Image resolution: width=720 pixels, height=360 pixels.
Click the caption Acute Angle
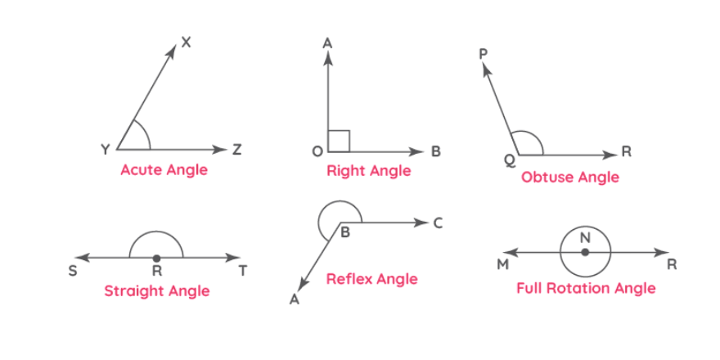pyautogui.click(x=164, y=170)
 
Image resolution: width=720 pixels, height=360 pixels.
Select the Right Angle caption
pyautogui.click(x=368, y=171)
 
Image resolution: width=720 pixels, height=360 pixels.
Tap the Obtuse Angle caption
pyautogui.click(x=570, y=177)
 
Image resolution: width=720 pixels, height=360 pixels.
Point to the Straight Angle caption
pyautogui.click(x=156, y=290)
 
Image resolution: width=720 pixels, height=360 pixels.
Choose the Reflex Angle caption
pyautogui.click(x=371, y=279)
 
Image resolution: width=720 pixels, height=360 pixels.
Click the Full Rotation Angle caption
pyautogui.click(x=586, y=288)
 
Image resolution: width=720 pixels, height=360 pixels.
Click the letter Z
pyautogui.click(x=236, y=150)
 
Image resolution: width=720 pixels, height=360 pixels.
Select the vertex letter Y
pyautogui.click(x=105, y=150)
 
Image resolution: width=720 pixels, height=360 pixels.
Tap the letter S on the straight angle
pyautogui.click(x=72, y=270)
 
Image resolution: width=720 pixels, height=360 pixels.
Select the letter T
pyautogui.click(x=242, y=270)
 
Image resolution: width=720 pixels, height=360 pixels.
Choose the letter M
pyautogui.click(x=503, y=264)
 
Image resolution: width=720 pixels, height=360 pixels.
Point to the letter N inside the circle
pyautogui.click(x=585, y=237)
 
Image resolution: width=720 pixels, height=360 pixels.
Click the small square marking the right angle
pyautogui.click(x=339, y=141)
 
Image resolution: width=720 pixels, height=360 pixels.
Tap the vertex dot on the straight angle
pyautogui.click(x=157, y=258)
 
